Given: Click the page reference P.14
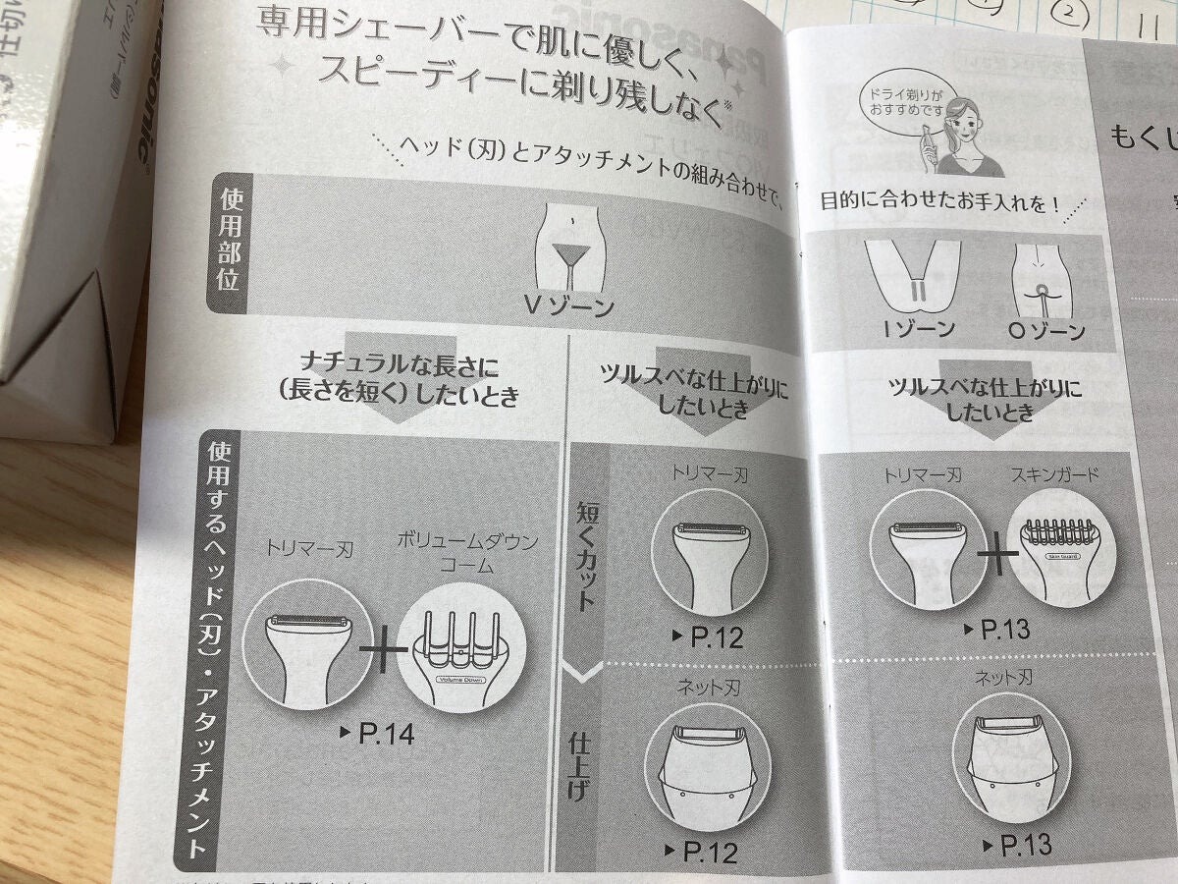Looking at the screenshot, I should pos(376,733).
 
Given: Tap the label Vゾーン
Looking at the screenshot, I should pos(569,305).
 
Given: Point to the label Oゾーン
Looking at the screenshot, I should pos(1045,330).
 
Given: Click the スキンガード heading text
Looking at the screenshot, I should pos(1055,475).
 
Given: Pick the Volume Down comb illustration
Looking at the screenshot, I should pos(461,648).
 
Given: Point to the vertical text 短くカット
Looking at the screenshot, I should pos(587,555).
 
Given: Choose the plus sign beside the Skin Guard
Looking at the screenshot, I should pos(997,557).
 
